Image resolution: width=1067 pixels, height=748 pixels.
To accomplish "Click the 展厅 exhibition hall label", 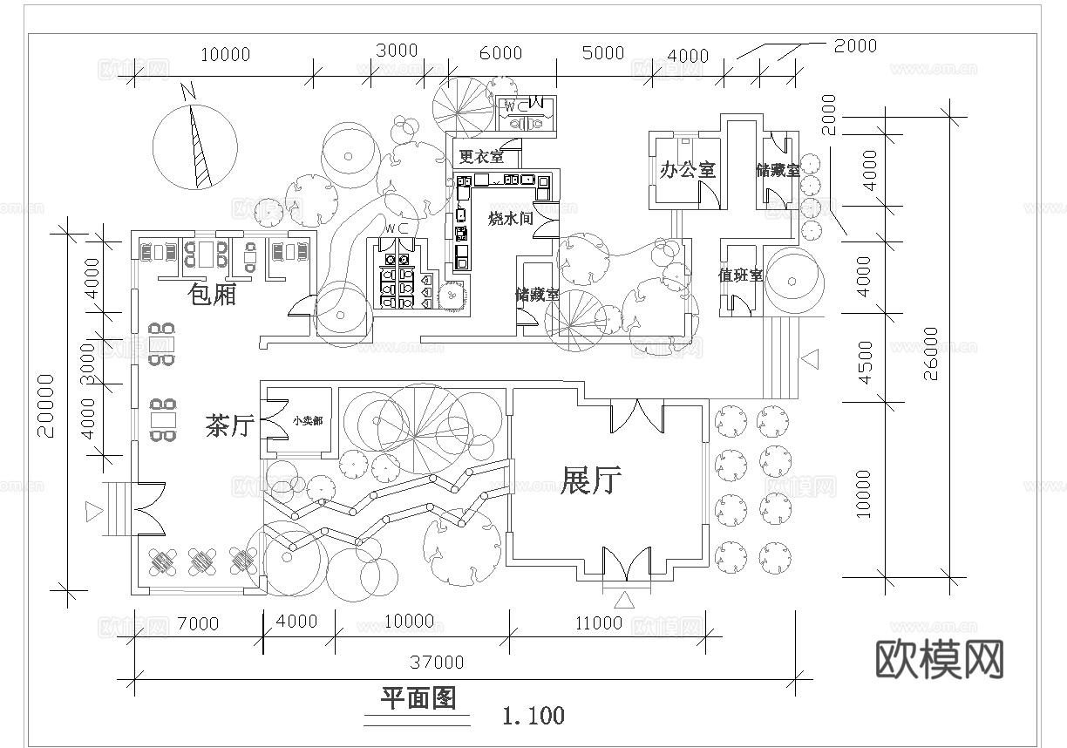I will [591, 480].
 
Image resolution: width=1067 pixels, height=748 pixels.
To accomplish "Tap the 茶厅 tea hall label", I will [229, 425].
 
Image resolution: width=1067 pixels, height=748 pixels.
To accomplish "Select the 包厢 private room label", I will [213, 295].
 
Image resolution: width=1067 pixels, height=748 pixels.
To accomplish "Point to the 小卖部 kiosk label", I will [307, 420].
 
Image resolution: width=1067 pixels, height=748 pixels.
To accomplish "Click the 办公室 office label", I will [688, 169].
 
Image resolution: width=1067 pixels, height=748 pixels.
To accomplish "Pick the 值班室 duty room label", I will [740, 275].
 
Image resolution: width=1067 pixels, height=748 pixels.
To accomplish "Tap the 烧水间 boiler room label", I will [510, 219].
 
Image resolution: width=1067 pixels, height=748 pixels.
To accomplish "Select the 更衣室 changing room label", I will [480, 158].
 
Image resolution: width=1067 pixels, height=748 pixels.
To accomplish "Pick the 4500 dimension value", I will [865, 362].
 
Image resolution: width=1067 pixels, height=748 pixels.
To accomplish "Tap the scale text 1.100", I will [533, 717].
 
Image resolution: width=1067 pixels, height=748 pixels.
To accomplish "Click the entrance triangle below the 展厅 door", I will [625, 600].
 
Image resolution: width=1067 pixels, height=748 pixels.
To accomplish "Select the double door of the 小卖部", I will [276, 420].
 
